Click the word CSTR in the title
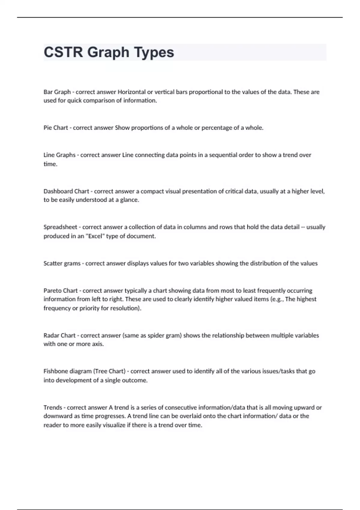(63, 52)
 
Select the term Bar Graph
(57, 92)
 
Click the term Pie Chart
(56, 128)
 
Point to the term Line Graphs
(59, 155)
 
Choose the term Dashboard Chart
(66, 191)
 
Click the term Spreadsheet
(60, 227)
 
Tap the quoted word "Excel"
(95, 236)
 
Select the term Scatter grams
(62, 263)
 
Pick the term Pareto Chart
(61, 291)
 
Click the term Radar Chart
(59, 335)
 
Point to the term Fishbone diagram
(67, 371)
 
